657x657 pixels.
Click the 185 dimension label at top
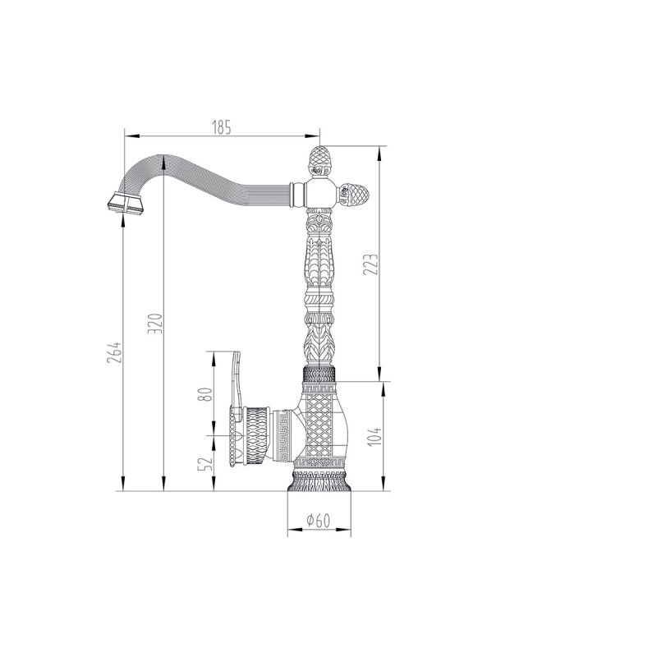(222, 126)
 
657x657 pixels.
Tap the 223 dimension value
(373, 264)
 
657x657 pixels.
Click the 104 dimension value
(373, 438)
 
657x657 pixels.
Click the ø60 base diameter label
(318, 520)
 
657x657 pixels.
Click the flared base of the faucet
(319, 485)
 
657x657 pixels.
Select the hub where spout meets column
(319, 194)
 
